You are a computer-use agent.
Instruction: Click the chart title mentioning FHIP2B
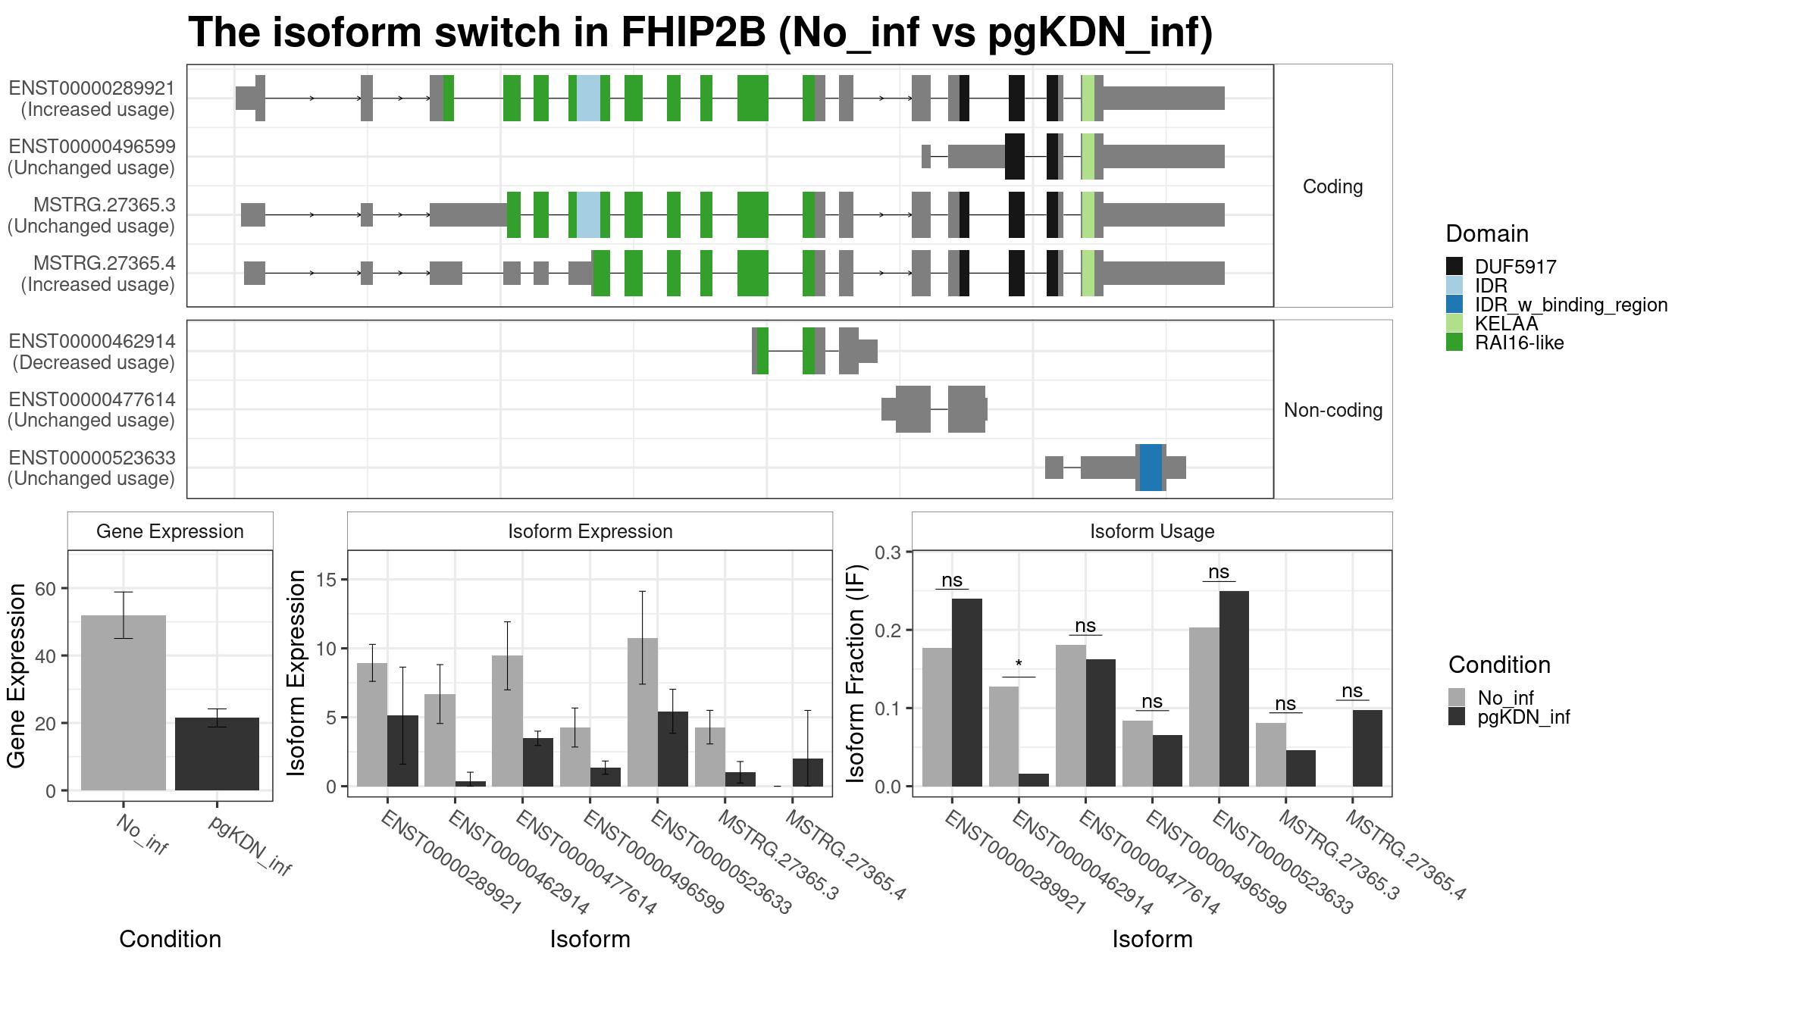point(700,33)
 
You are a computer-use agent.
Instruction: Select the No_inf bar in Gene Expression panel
point(124,702)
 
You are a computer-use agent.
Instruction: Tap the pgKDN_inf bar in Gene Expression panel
point(217,754)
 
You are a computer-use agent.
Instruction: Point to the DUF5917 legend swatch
point(1454,266)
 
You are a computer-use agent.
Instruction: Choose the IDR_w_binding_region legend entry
point(1557,305)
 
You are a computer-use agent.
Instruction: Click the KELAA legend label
point(1506,324)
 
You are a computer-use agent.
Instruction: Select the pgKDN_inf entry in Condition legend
point(1509,717)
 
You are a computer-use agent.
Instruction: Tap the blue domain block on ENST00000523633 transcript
point(1151,468)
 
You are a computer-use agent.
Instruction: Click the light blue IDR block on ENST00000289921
point(588,98)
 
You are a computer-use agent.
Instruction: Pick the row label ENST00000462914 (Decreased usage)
point(92,352)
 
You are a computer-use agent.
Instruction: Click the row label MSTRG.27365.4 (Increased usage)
point(98,274)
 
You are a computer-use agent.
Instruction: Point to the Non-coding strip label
point(1333,410)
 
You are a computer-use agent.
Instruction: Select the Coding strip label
point(1332,186)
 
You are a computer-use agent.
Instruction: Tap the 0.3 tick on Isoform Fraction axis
point(888,552)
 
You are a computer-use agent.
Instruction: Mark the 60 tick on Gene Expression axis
point(45,589)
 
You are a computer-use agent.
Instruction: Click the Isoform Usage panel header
point(1152,531)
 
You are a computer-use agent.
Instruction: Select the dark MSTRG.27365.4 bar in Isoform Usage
point(1367,748)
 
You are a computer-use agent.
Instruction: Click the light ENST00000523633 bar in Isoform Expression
point(643,712)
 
